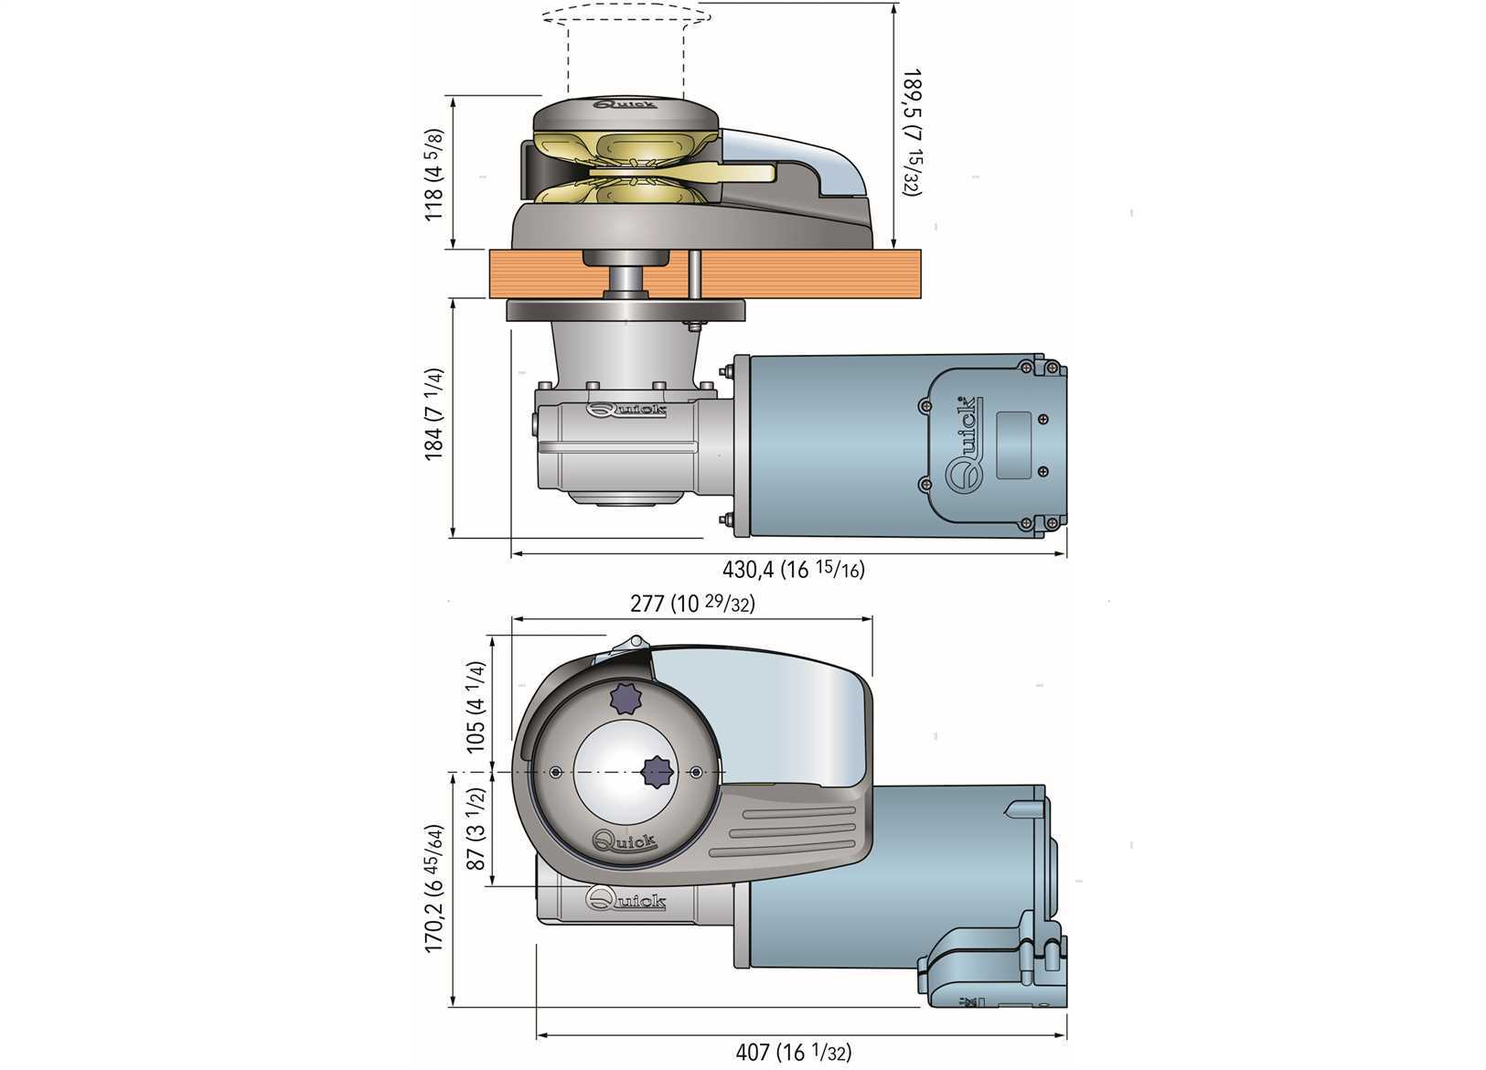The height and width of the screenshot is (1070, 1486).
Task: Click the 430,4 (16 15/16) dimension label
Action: coord(793,570)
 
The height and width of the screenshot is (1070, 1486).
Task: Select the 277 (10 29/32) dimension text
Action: coord(692,604)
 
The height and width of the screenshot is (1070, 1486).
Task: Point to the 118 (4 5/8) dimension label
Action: coord(435,173)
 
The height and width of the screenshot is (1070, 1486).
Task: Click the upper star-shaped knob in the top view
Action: coord(626,700)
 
